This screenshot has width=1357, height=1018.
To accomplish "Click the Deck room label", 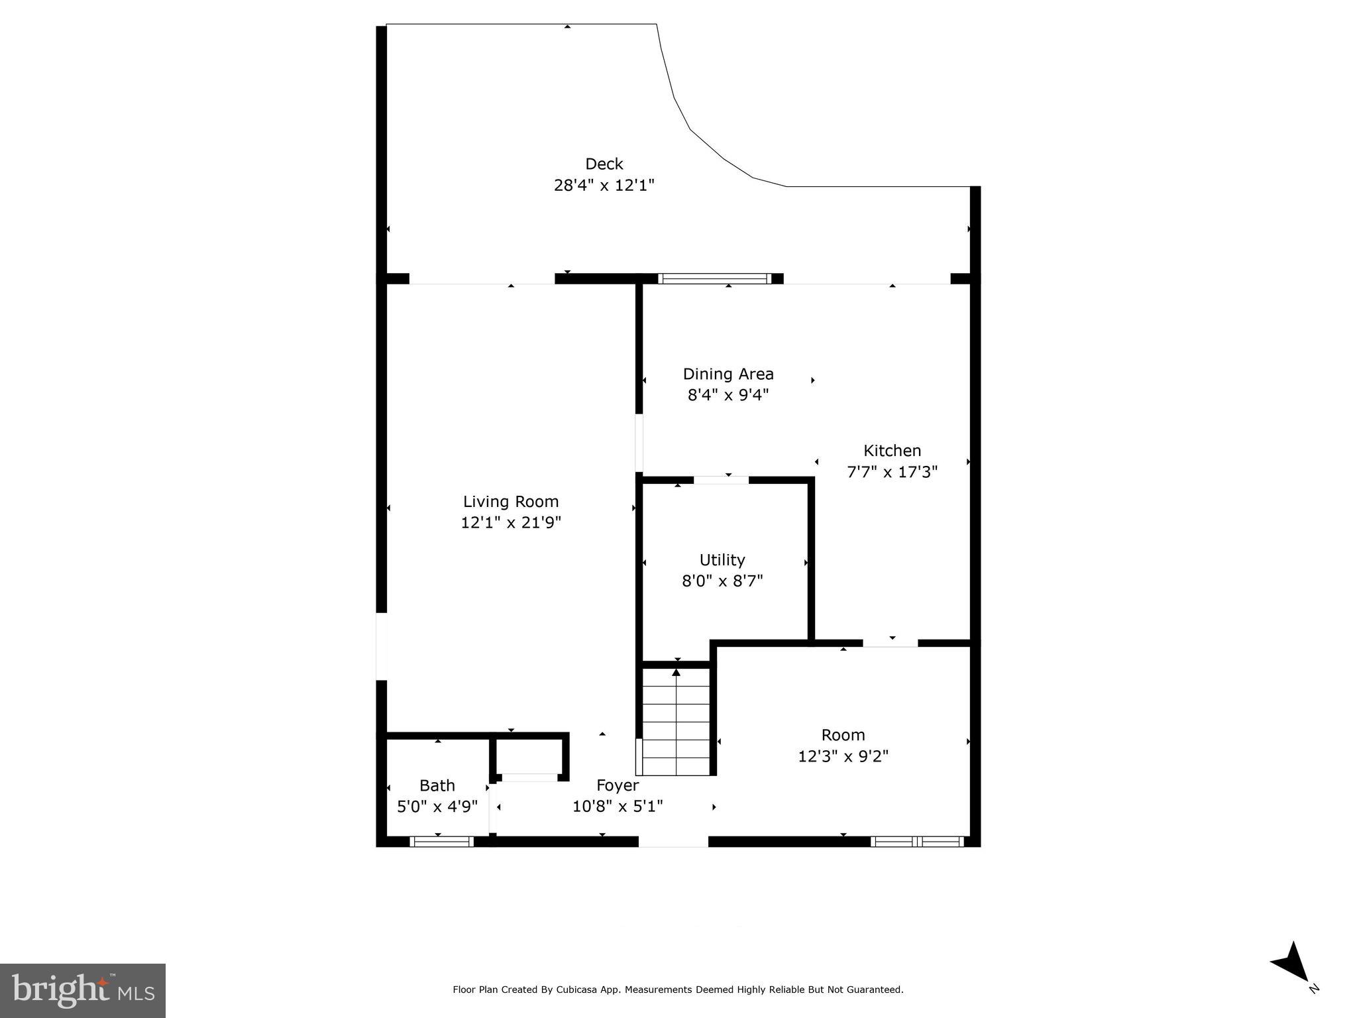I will coord(604,164).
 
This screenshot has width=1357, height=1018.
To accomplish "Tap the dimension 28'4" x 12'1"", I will coord(604,185).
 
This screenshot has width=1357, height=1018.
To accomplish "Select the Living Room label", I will coord(510,502).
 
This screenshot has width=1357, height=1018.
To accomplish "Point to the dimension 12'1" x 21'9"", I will coord(510,523).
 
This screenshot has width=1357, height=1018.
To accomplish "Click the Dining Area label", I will coord(728,374).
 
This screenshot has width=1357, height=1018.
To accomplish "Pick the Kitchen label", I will coord(891,451).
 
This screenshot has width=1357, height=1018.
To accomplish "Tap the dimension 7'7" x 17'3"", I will coord(891,472).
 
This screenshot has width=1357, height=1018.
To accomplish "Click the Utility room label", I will coord(722,560).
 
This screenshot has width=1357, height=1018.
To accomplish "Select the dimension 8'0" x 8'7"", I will coord(722,581).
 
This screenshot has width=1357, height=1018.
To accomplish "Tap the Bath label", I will coord(437,785).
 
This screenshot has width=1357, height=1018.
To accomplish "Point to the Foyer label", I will coord(617,785).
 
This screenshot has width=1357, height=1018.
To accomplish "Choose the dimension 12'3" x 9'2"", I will coord(842,756).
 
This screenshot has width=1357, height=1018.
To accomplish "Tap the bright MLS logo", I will coord(83,990).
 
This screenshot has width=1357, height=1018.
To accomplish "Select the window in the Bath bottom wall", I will coord(441,842).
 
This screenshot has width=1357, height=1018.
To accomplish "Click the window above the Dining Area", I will coord(714,278).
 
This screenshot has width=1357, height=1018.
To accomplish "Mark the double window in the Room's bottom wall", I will coord(917,842).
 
